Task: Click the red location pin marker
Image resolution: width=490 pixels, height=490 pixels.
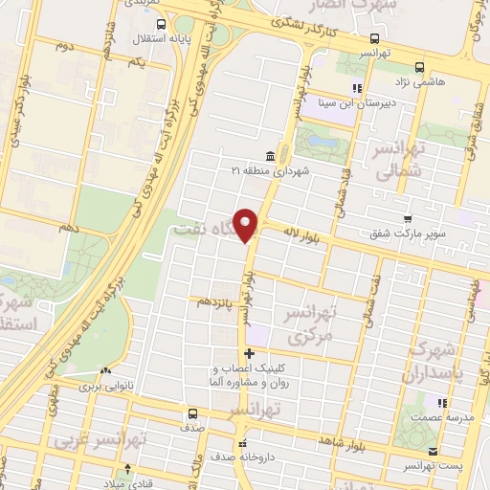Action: pos(247,224)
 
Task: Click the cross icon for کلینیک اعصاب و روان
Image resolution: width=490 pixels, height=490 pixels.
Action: pos(250,354)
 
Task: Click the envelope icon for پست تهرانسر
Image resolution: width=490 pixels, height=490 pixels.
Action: pos(434,451)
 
